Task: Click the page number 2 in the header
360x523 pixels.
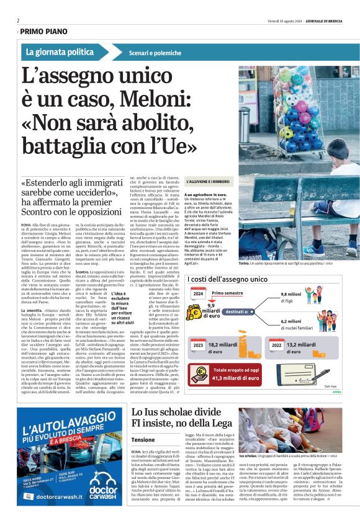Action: (18, 20)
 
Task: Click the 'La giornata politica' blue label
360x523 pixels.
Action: (60, 52)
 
